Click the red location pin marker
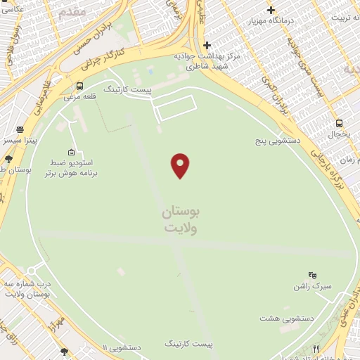pos(181,165)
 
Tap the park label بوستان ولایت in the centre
pos(181,219)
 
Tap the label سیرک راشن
pos(312,287)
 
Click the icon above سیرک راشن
pos(312,274)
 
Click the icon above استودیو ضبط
pos(71,151)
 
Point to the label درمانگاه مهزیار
pos(271,20)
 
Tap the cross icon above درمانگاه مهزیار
pos(271,9)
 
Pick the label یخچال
pos(339,133)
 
